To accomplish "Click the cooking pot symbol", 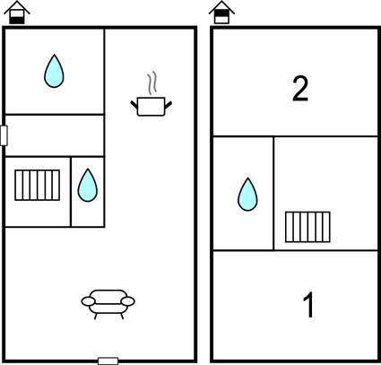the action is click(x=151, y=106).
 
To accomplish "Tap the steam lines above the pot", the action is click(x=152, y=83).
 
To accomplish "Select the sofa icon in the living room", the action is click(x=108, y=304).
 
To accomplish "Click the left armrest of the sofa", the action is click(x=89, y=301).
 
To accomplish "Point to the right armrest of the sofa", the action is click(x=128, y=301).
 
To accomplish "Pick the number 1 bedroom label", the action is click(x=308, y=305).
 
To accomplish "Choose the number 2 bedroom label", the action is click(x=300, y=89).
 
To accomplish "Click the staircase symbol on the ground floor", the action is click(x=38, y=185).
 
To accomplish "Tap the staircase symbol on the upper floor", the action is click(x=307, y=227).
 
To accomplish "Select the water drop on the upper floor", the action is click(x=247, y=195).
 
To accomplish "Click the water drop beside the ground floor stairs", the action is click(x=88, y=186).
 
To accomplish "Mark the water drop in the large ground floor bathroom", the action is click(x=54, y=71).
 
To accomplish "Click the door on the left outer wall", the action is click(x=4, y=135).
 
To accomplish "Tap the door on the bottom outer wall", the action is click(x=108, y=361).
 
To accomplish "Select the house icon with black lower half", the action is click(x=17, y=13).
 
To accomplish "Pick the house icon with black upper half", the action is click(x=221, y=13).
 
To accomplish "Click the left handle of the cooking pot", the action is click(x=134, y=105).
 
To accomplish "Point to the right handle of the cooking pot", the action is click(x=169, y=105).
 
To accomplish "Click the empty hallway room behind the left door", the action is click(x=55, y=135).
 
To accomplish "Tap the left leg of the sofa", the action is click(x=96, y=317).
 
